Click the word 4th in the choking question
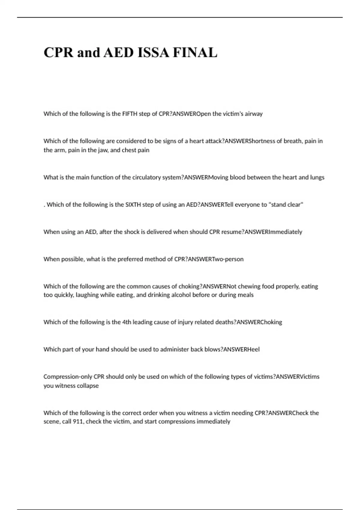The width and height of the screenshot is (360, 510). (x=126, y=322)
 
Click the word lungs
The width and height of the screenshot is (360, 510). (x=317, y=177)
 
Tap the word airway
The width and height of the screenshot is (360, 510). (x=254, y=114)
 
